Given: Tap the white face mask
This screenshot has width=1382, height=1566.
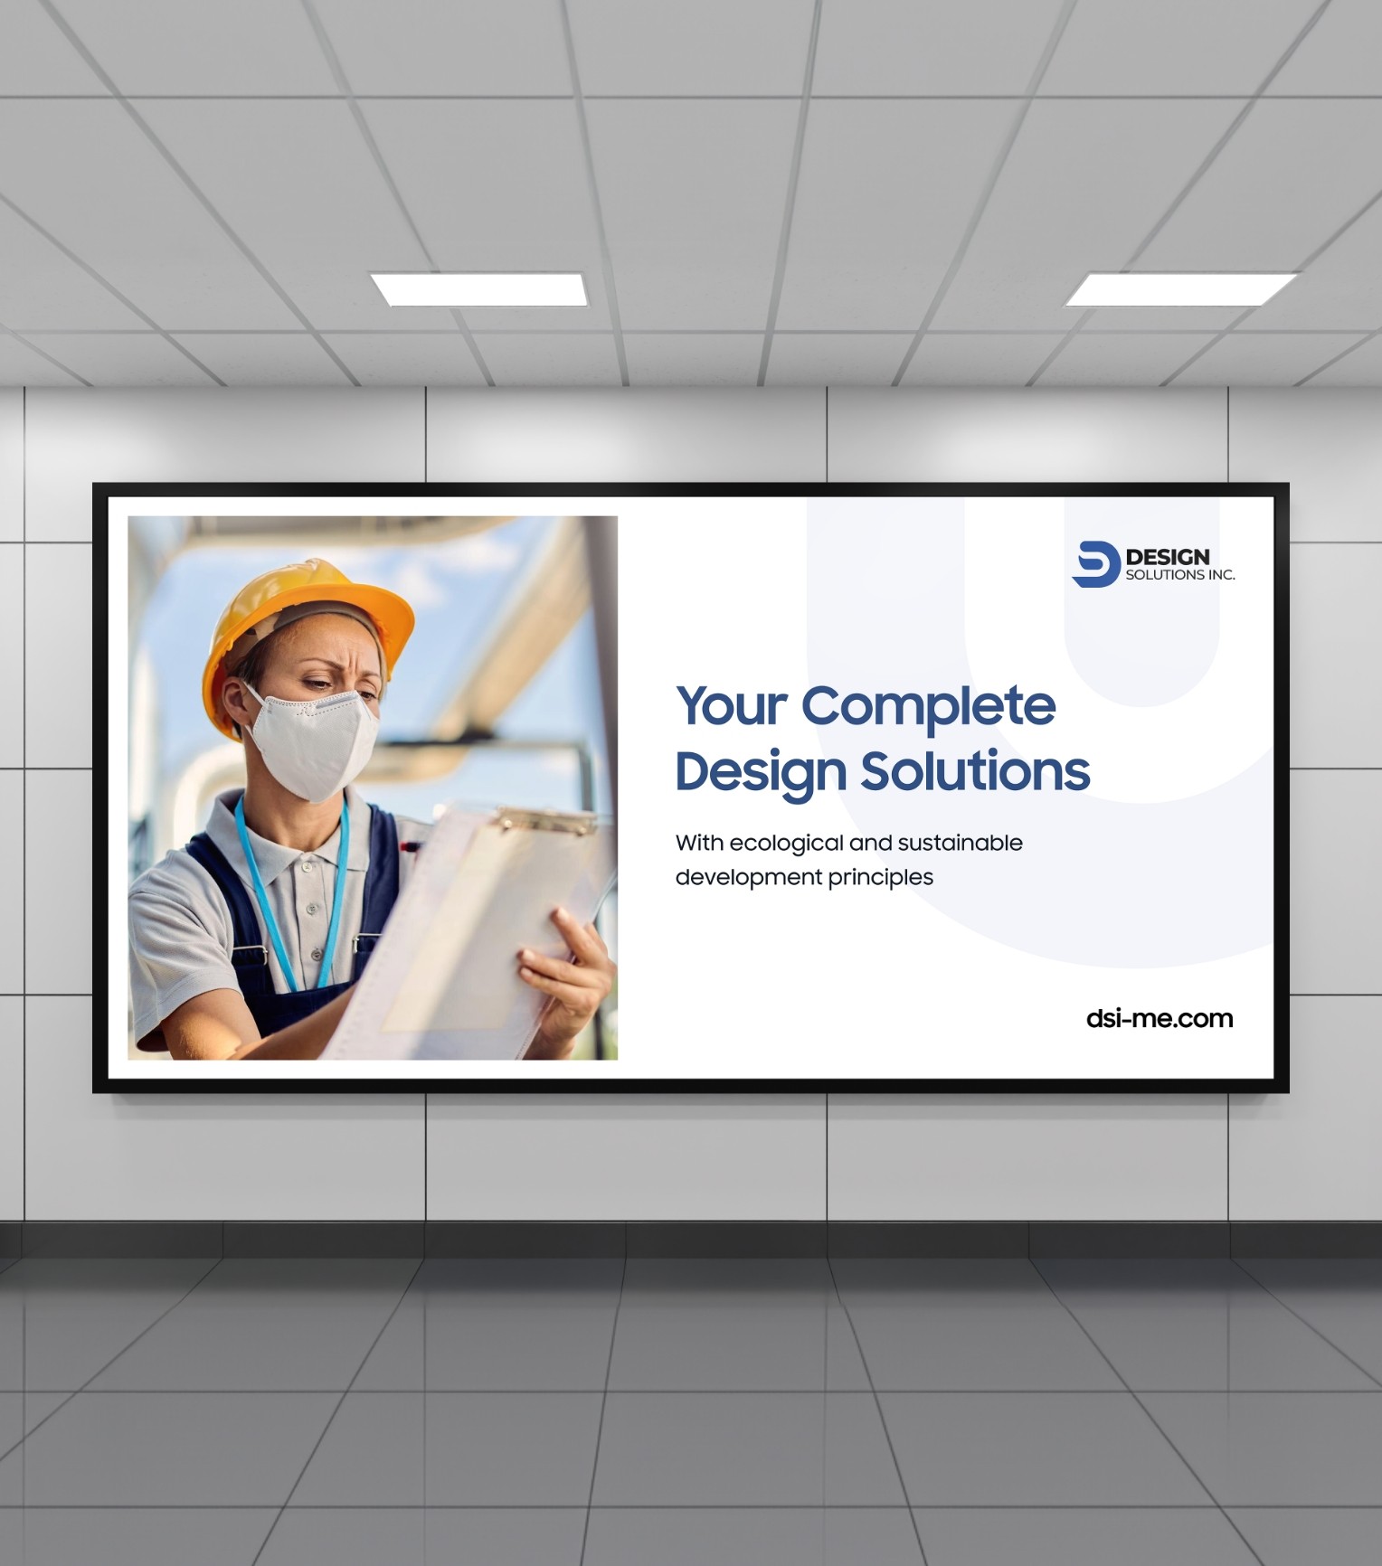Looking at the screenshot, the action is click(312, 741).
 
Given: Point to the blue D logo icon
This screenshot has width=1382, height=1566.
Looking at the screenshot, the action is click(1095, 564).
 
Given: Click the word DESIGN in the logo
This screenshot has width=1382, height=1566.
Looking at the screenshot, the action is click(1168, 557).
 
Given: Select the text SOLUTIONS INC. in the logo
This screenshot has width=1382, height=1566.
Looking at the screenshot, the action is click(1180, 575).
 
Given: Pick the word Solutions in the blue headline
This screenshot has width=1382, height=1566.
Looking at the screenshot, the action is click(975, 771).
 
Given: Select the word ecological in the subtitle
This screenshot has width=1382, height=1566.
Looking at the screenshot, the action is click(786, 844).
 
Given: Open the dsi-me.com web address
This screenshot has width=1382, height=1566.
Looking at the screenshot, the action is click(1160, 1019).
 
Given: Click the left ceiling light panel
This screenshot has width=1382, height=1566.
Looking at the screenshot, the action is click(480, 289).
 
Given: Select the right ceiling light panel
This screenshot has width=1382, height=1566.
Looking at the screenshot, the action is click(1180, 289).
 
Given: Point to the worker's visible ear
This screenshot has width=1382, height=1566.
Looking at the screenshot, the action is click(232, 705).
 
